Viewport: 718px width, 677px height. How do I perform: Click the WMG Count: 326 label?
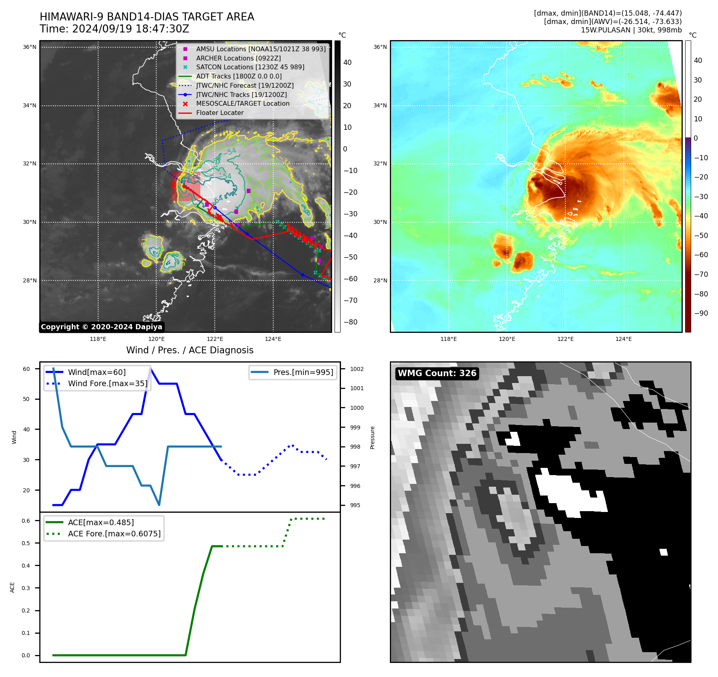point(437,373)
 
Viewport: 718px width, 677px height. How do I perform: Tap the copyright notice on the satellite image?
point(101,327)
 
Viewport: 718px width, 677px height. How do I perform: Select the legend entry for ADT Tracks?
point(239,76)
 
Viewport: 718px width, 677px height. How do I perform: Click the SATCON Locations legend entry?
point(250,67)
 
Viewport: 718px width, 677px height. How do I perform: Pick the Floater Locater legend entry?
point(220,113)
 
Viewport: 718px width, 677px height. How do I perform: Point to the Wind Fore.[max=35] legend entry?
point(107,383)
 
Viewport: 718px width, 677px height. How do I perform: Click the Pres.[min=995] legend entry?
point(303,372)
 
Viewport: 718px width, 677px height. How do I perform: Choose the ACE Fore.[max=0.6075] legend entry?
point(114,534)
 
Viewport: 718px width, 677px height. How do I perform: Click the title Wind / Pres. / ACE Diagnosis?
point(190,350)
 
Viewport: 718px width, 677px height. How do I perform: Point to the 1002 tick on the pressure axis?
point(357,369)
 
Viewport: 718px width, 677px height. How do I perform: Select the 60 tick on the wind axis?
point(26,369)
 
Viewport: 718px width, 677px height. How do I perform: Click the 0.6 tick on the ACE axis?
point(26,521)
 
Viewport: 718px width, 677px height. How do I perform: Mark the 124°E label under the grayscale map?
point(273,339)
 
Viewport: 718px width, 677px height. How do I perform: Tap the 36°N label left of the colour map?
point(380,47)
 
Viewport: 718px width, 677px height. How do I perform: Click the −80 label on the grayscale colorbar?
point(351,322)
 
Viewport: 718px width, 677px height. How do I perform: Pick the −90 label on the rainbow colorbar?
point(701,313)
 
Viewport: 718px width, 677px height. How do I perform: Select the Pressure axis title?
point(372,437)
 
